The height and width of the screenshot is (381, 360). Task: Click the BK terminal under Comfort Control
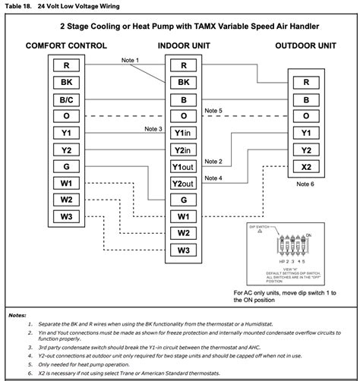[66, 82]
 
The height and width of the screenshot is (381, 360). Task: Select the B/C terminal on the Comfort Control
[66, 99]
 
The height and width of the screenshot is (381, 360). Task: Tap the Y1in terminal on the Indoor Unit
[183, 133]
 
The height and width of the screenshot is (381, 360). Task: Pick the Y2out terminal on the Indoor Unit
[183, 183]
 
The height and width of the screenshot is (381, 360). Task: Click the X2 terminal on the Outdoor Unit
[306, 166]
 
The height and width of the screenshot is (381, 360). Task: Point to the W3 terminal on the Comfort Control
[66, 217]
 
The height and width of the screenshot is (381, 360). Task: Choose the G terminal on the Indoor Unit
[183, 200]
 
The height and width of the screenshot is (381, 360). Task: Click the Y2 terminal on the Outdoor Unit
[306, 150]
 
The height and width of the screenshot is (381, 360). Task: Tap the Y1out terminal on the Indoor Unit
[183, 166]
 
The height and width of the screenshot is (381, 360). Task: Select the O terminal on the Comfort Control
[66, 116]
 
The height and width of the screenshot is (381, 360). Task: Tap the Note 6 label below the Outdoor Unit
[306, 184]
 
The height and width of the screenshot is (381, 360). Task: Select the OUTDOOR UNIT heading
[305, 46]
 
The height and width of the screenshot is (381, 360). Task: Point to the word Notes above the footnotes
[17, 314]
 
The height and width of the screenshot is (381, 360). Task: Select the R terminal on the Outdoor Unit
[306, 82]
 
